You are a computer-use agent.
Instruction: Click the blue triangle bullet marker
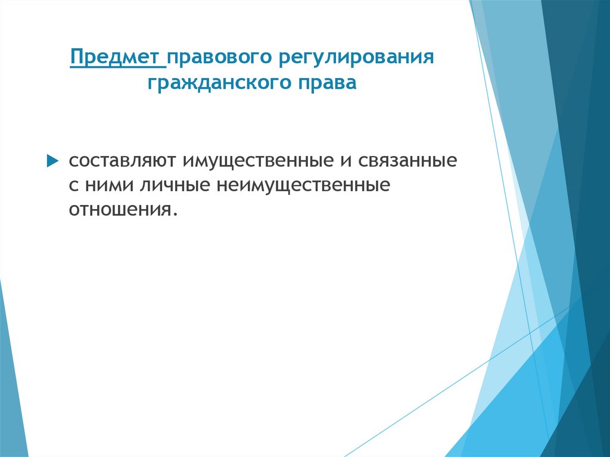(52, 161)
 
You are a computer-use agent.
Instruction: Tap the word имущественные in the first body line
(258, 161)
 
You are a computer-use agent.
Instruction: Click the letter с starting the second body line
(71, 185)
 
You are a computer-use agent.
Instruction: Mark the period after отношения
(176, 213)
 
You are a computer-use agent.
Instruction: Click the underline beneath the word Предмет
(117, 69)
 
